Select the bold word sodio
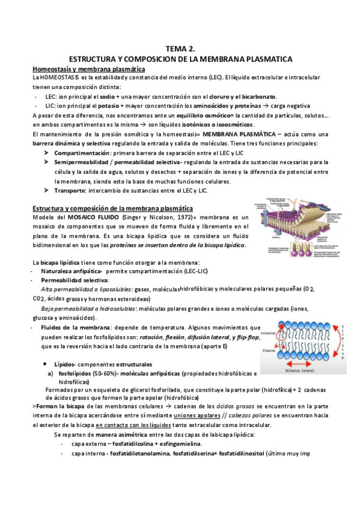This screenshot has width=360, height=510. pyautogui.click(x=107, y=96)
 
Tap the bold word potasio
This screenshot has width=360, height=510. pyautogui.click(x=112, y=106)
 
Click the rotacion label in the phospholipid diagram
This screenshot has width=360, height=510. pyautogui.click(x=269, y=333)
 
